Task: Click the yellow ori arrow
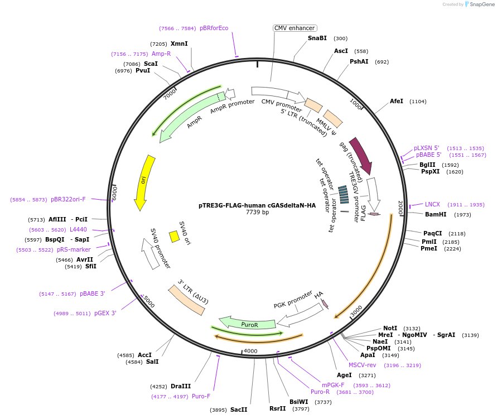(x=143, y=181)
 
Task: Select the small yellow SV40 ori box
(x=174, y=237)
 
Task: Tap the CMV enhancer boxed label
(x=295, y=28)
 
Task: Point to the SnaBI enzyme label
(x=317, y=38)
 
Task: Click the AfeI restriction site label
(x=397, y=101)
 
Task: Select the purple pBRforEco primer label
(x=214, y=28)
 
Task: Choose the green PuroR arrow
(x=248, y=324)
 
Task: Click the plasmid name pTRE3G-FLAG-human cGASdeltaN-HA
(x=257, y=205)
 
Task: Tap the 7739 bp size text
(x=257, y=213)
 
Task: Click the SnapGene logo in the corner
(x=480, y=4)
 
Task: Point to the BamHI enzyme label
(x=436, y=214)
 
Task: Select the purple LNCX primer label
(x=432, y=204)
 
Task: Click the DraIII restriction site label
(x=181, y=386)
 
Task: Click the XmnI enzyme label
(x=179, y=44)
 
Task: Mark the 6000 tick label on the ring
(x=114, y=193)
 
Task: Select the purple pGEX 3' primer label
(x=105, y=313)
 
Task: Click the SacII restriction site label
(x=239, y=410)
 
